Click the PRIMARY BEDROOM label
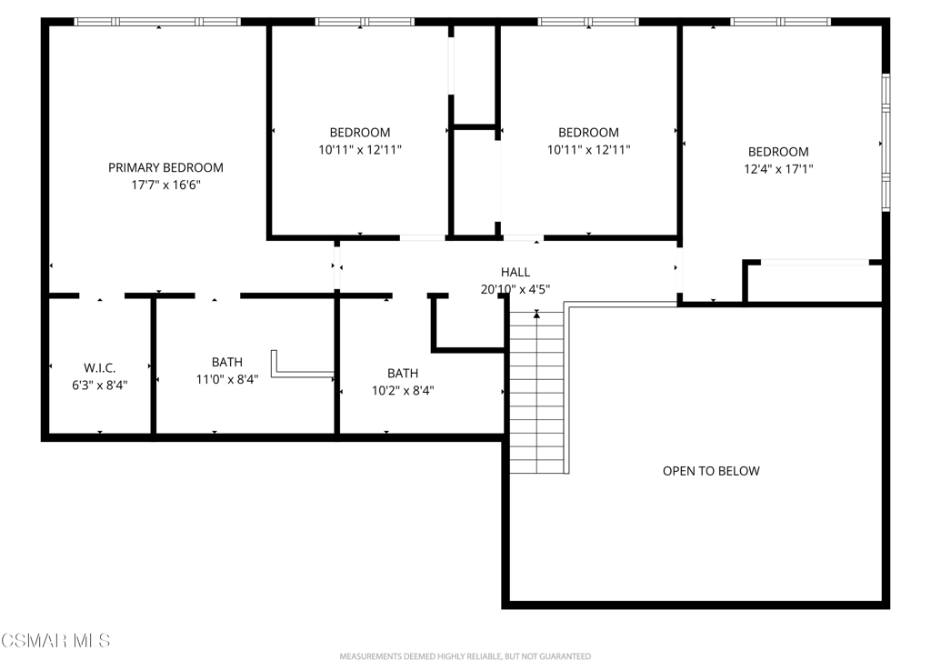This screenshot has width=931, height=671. click(165, 167)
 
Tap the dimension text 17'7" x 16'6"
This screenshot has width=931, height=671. click(165, 185)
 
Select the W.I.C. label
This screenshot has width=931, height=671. click(100, 368)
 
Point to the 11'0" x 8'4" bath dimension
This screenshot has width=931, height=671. click(227, 379)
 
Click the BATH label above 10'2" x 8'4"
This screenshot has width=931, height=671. click(403, 373)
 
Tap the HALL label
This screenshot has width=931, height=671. click(516, 272)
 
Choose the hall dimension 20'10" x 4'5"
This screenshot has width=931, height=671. click(516, 289)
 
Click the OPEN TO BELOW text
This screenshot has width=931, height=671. click(711, 471)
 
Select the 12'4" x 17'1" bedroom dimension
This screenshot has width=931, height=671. click(778, 168)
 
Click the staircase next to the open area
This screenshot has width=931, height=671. click(536, 392)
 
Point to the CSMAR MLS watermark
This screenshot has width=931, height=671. click(55, 641)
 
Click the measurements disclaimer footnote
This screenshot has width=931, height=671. click(465, 656)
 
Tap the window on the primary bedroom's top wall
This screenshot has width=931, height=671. click(157, 22)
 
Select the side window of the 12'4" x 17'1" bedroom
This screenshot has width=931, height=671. click(886, 143)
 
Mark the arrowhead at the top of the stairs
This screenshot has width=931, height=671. click(536, 315)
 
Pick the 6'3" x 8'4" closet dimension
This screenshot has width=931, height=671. click(100, 386)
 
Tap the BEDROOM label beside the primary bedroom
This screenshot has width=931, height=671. click(360, 133)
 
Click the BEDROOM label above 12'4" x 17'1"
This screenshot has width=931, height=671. click(778, 152)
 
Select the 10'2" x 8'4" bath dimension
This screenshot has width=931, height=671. click(403, 390)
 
